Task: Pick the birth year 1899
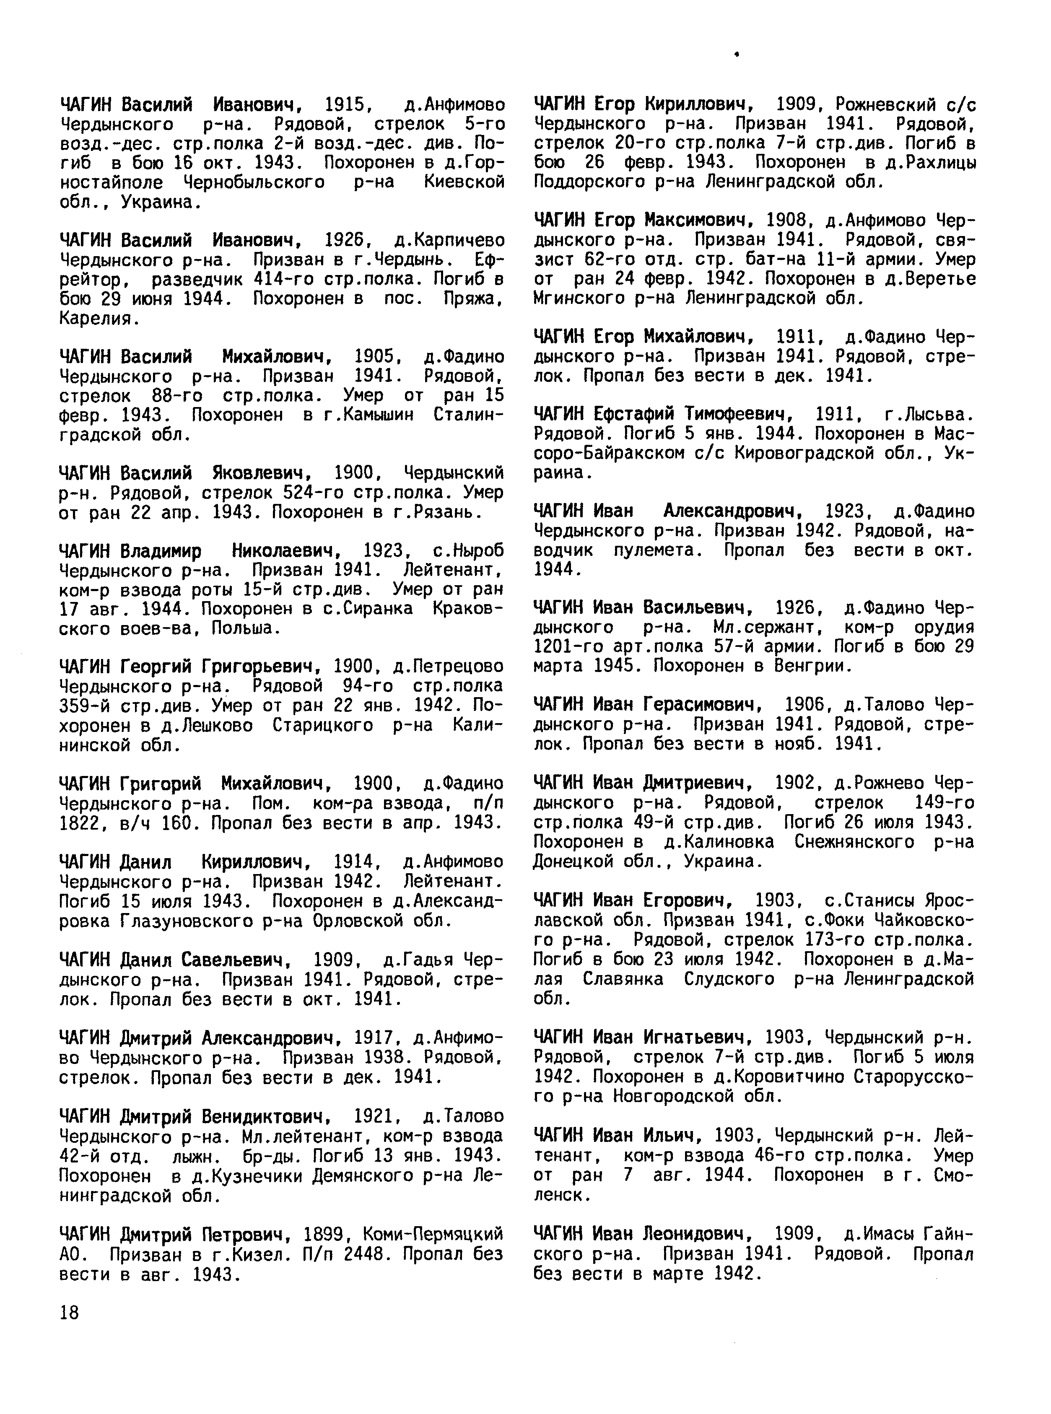click(x=324, y=1235)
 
